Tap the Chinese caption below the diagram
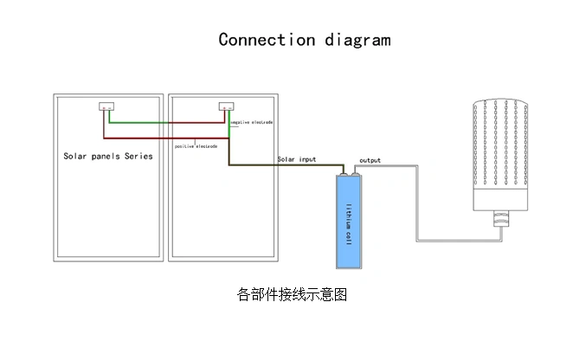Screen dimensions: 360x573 292,294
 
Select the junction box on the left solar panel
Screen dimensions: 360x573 106,108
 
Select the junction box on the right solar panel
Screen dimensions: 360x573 225,108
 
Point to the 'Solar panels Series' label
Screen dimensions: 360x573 107,157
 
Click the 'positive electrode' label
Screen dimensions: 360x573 196,146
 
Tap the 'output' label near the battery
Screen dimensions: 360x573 370,161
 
